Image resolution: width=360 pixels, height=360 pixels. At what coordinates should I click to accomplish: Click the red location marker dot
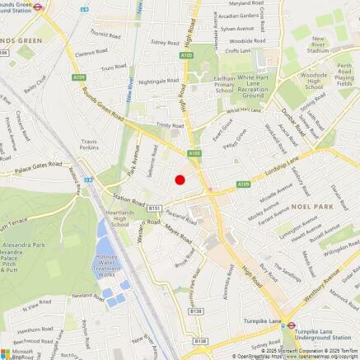180,180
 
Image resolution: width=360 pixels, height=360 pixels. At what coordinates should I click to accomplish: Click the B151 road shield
154,209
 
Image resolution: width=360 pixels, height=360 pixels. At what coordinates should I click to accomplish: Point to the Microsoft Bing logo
21,352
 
